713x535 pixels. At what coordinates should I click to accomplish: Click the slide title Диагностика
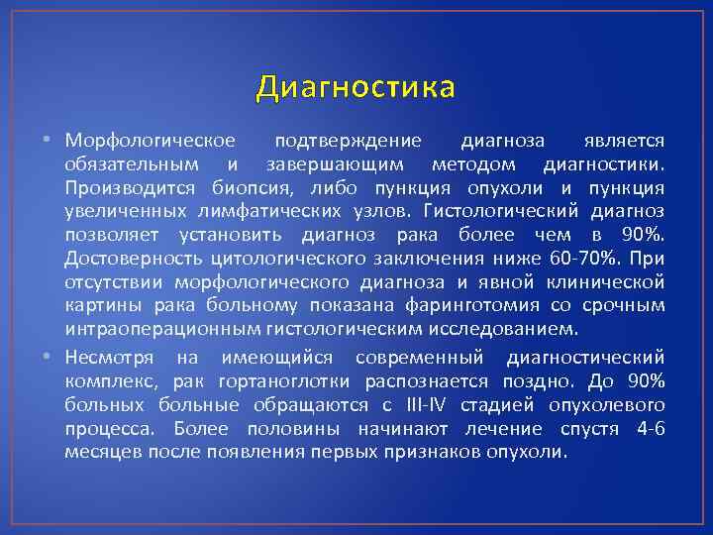pos(356,88)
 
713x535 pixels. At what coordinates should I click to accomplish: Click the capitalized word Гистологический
pos(501,211)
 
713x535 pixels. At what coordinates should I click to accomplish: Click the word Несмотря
pos(106,357)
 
